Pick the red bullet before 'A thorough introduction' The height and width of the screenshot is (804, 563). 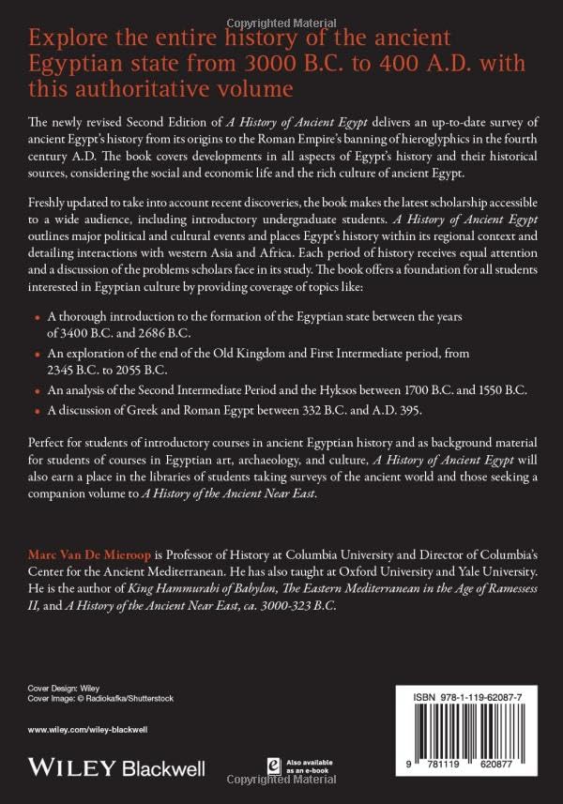(37, 318)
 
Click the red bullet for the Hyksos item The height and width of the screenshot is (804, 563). (37, 389)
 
